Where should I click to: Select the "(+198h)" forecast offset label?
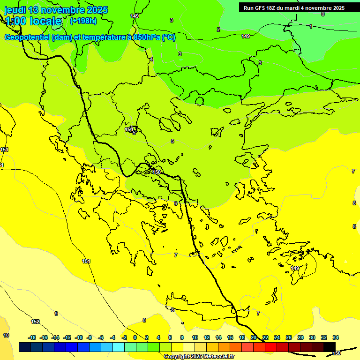pos(83,21)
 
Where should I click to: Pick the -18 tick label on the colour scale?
pos(32,337)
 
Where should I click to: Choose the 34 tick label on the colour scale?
pos(336,337)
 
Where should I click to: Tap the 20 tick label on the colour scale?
pos(254,337)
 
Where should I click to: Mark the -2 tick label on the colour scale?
pos(124,337)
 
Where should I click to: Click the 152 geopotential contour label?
pos(35,322)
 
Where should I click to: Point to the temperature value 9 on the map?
pos(56,314)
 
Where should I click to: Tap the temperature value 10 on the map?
pos(6,335)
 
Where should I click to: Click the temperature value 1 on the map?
pos(311,26)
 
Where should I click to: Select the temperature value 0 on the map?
pos(322,14)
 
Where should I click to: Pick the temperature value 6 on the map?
pos(176,203)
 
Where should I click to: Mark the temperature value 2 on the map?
pos(218,30)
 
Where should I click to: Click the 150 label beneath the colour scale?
pos(336,353)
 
